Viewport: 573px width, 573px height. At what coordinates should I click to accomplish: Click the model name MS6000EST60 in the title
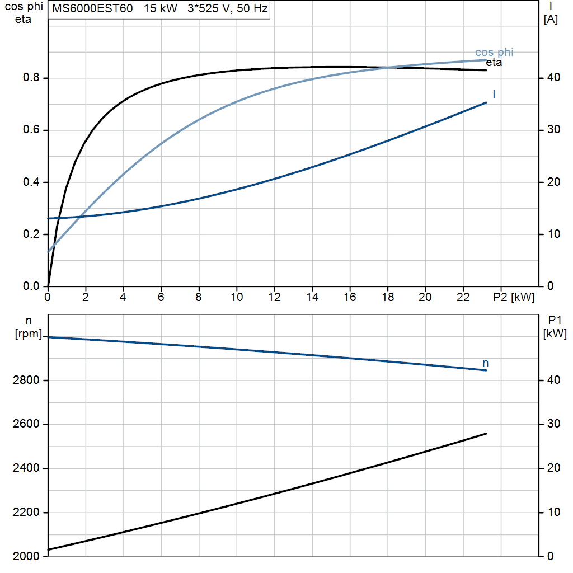[92, 8]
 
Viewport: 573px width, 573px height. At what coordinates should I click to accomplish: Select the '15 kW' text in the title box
[161, 8]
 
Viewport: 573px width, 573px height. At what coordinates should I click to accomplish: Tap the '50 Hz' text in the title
[252, 8]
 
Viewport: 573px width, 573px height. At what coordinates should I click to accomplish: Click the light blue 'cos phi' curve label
[494, 52]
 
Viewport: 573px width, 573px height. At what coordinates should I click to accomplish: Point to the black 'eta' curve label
[494, 63]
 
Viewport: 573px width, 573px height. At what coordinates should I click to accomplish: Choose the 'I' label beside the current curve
[494, 95]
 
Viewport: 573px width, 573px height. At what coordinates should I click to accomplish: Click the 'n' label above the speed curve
[485, 363]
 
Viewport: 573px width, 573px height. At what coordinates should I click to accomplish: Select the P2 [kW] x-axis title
[514, 297]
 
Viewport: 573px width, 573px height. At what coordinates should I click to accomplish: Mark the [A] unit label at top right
[551, 20]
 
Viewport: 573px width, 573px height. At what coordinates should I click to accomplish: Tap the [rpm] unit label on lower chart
[29, 334]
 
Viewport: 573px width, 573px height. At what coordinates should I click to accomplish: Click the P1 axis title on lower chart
[555, 320]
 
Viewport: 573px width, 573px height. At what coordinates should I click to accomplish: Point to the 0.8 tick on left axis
[31, 77]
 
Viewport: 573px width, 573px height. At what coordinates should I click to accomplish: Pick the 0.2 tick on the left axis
[31, 234]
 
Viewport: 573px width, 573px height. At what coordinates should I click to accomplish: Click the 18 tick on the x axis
[388, 297]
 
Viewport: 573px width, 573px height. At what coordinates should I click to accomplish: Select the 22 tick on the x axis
[463, 297]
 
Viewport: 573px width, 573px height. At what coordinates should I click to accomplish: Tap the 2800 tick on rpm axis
[26, 380]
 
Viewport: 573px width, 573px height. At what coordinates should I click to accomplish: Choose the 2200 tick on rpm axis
[26, 513]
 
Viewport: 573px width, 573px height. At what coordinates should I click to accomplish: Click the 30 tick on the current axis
[553, 129]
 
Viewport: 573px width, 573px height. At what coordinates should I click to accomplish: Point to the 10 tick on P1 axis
[553, 512]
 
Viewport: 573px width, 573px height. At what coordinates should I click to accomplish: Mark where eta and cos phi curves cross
[387, 68]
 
